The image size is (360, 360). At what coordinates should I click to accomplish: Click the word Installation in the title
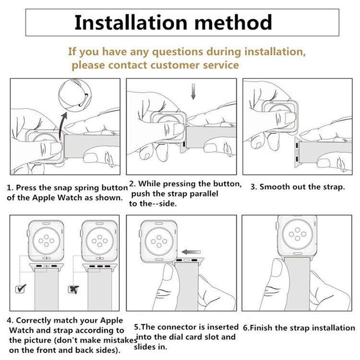point(131,22)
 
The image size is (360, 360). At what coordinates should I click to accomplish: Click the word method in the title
point(233,22)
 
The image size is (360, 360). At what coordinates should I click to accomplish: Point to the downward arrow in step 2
point(193,92)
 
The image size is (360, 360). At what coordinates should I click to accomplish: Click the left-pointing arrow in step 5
point(191,252)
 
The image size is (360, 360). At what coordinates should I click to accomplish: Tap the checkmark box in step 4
point(21,288)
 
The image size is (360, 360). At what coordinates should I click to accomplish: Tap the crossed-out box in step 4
point(73,289)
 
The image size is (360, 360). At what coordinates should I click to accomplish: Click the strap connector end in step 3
point(297,152)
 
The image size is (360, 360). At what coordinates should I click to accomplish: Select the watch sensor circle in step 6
point(298,234)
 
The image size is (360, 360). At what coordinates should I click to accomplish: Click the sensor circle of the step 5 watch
point(159,241)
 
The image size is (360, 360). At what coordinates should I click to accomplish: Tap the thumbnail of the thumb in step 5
point(169,271)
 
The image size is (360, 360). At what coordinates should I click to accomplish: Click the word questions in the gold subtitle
point(178,52)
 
